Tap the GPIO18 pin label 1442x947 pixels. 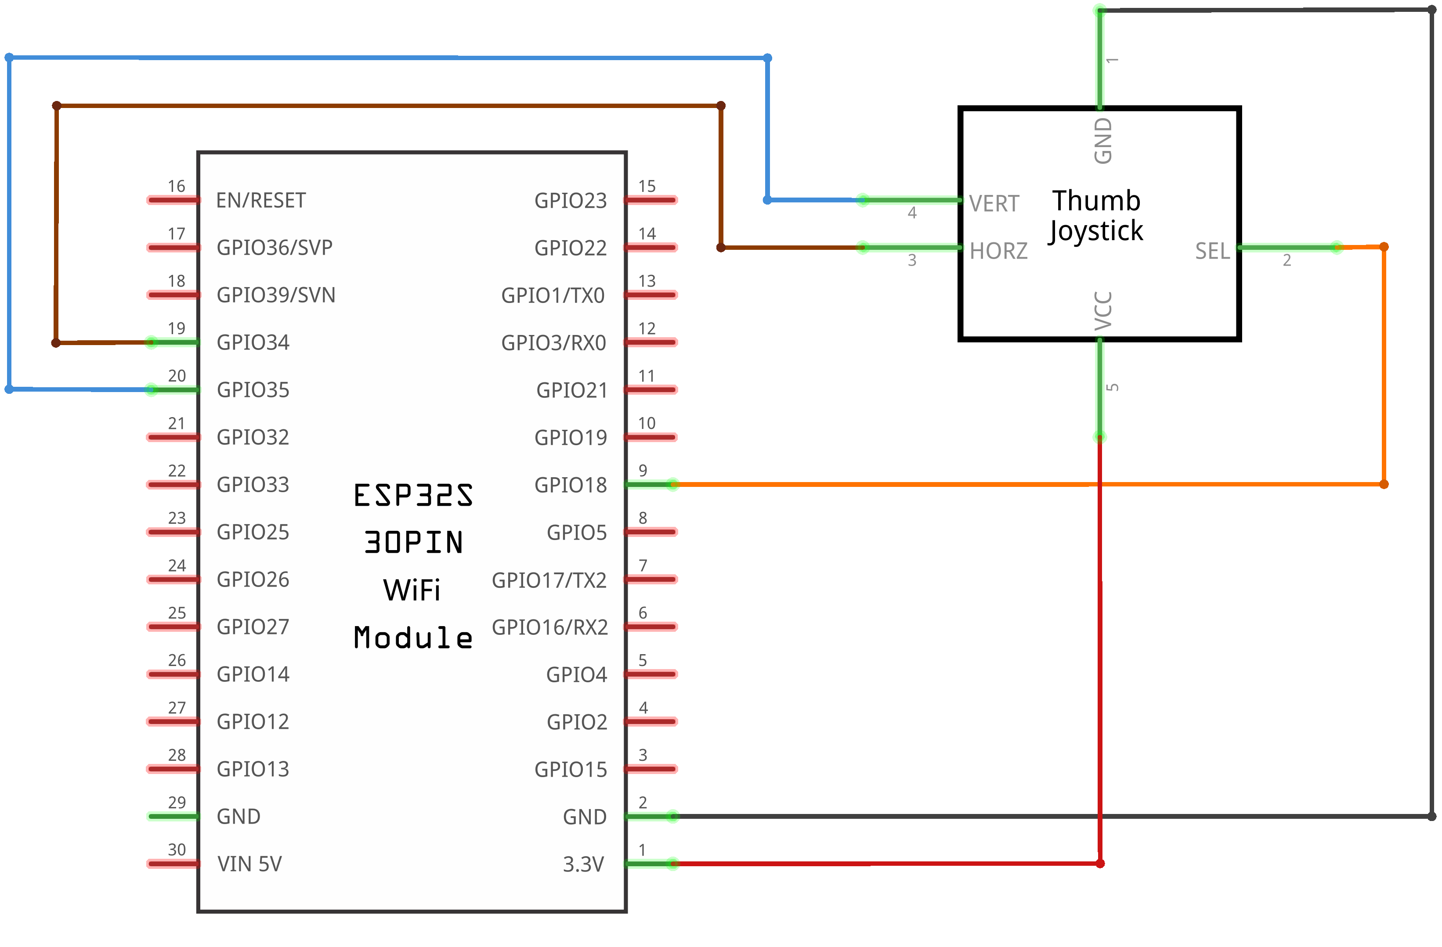click(570, 485)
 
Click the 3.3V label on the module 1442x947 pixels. click(583, 864)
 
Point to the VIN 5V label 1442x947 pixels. click(249, 864)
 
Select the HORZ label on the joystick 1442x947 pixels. click(998, 251)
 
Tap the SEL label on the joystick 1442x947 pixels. click(1212, 251)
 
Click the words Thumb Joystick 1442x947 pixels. click(1095, 216)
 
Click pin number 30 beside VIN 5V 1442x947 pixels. click(176, 850)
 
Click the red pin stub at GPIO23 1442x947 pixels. click(651, 200)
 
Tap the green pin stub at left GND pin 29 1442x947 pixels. click(173, 817)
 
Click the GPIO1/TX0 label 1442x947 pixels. click(553, 295)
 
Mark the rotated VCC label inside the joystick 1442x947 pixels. click(1103, 311)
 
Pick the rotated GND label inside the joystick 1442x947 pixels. click(1103, 140)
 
